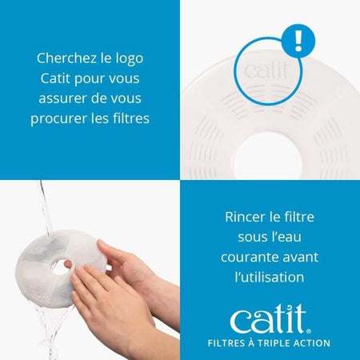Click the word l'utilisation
tap(270, 277)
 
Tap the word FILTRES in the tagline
tap(229, 343)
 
